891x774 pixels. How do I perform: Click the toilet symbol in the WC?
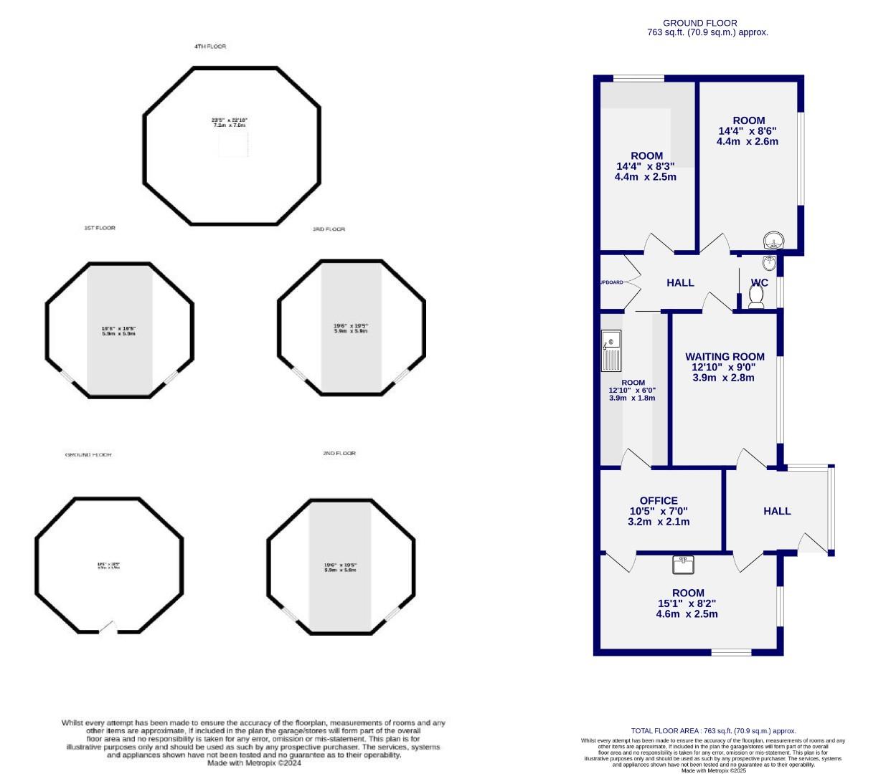click(756, 295)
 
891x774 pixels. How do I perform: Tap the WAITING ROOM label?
click(725, 356)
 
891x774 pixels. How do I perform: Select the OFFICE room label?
click(659, 501)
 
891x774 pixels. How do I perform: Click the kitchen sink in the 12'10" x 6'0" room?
click(611, 350)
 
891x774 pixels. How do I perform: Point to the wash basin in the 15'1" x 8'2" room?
click(683, 565)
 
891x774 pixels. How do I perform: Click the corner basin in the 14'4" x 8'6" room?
click(774, 239)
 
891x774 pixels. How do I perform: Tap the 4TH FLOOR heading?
click(209, 47)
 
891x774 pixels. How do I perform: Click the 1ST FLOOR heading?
click(99, 228)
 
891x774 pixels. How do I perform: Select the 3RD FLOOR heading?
click(329, 229)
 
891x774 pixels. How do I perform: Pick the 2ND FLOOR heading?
click(339, 454)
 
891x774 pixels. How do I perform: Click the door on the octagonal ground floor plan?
click(108, 628)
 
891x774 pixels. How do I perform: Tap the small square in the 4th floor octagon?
click(233, 143)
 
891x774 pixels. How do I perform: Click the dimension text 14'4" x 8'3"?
click(646, 166)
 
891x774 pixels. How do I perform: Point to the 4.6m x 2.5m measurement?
click(687, 613)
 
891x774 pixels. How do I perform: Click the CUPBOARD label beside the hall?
click(610, 282)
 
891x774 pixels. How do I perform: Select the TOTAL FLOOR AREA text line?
click(713, 731)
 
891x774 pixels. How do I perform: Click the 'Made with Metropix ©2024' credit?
click(254, 763)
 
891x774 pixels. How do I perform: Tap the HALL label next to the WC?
click(680, 282)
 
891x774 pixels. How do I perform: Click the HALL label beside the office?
click(777, 511)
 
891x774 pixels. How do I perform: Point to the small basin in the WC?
click(769, 262)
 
